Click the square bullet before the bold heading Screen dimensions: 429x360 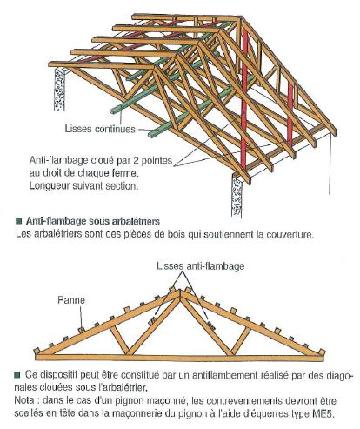pos(19,223)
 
